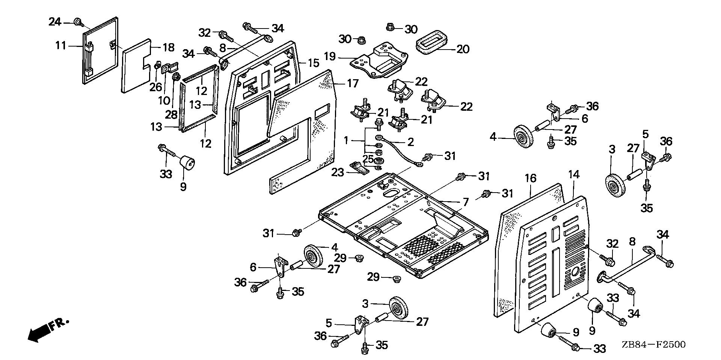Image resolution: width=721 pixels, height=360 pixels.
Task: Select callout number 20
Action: [x=463, y=49]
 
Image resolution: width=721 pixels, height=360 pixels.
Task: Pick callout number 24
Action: [x=55, y=22]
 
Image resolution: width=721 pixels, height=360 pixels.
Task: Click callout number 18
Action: [x=168, y=48]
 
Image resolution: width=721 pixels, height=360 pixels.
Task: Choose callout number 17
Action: [x=353, y=83]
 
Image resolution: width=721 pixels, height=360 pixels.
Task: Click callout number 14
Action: [x=573, y=175]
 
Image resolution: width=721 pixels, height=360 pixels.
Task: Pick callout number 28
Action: [x=171, y=114]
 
